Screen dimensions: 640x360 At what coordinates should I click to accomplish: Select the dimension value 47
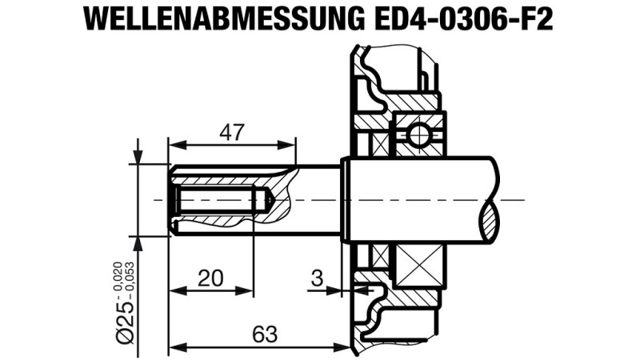(x=232, y=132)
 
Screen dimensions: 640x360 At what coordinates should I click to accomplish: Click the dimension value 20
(x=210, y=278)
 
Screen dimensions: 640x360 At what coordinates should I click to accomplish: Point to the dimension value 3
(x=317, y=278)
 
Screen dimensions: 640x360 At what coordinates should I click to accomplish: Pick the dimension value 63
(x=265, y=334)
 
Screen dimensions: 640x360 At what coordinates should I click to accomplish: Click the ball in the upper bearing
(x=419, y=134)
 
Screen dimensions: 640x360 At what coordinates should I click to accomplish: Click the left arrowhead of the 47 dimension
(x=177, y=145)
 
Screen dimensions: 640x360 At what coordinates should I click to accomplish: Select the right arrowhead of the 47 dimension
(x=286, y=145)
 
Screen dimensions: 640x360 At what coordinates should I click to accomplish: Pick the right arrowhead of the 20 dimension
(x=245, y=290)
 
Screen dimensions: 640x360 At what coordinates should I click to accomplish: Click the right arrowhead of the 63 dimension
(x=342, y=347)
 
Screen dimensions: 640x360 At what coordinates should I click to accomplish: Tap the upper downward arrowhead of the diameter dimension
(x=138, y=155)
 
